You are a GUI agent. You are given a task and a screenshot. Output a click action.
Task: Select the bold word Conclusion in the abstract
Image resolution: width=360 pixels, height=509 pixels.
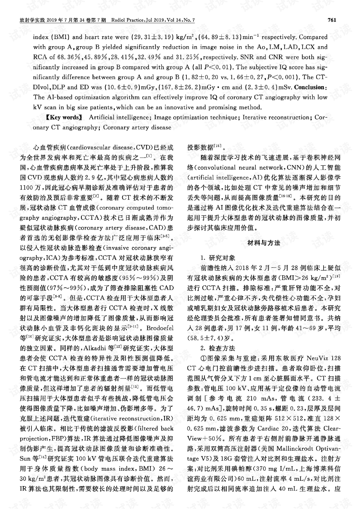(x=310, y=87)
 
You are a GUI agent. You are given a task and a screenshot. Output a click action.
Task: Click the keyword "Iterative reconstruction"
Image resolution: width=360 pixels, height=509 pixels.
(x=275, y=117)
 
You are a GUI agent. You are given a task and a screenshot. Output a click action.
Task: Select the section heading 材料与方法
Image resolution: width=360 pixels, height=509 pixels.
(x=264, y=243)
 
